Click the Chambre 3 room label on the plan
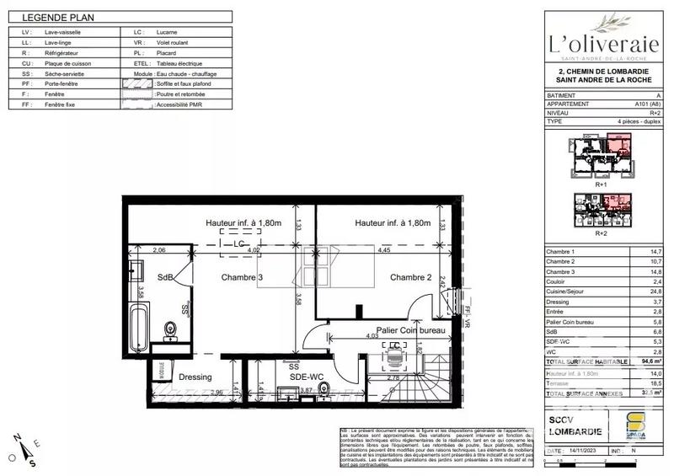point(243,278)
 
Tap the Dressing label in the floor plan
point(195,377)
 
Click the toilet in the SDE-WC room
point(324,388)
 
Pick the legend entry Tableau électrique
point(179,64)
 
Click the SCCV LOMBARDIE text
point(575,425)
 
